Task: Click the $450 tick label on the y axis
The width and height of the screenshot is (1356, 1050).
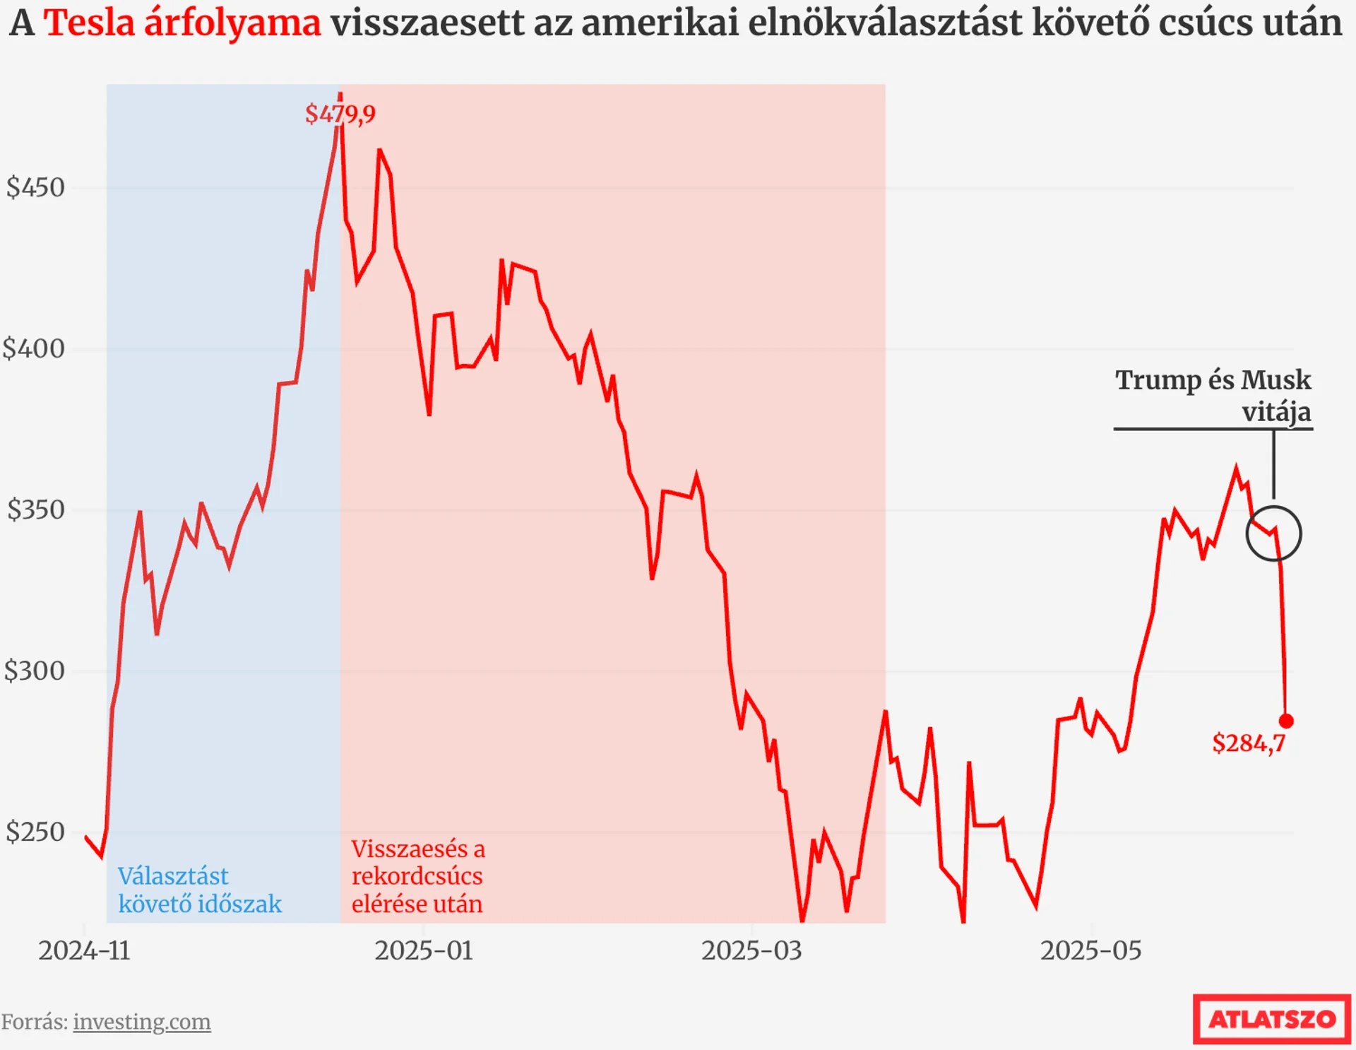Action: [35, 188]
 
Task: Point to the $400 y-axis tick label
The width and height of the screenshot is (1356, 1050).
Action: [34, 349]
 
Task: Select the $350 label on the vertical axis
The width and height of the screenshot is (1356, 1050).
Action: [35, 510]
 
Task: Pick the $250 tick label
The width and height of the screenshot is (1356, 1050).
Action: [35, 832]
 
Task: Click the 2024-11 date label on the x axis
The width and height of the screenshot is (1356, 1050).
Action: [84, 951]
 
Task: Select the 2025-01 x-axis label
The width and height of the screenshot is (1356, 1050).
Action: [424, 951]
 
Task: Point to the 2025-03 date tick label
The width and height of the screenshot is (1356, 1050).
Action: [751, 951]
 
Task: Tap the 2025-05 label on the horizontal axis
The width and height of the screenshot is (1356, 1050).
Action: [1090, 951]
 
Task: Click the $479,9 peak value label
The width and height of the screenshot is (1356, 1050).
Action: [340, 114]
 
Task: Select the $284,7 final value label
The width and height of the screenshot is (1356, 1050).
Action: [1249, 743]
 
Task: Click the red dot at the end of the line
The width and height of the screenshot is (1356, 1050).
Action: [1286, 721]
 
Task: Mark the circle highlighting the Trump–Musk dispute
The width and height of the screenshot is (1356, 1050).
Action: [1273, 534]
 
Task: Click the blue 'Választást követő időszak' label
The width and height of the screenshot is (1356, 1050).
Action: [199, 890]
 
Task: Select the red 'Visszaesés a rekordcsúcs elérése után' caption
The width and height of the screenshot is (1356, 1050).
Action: [418, 876]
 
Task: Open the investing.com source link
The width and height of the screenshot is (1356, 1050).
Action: [141, 1022]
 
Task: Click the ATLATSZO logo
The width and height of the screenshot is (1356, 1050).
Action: [1271, 1019]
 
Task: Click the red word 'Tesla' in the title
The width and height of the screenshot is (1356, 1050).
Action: [89, 23]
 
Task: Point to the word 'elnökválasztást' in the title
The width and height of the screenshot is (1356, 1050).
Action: [884, 23]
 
